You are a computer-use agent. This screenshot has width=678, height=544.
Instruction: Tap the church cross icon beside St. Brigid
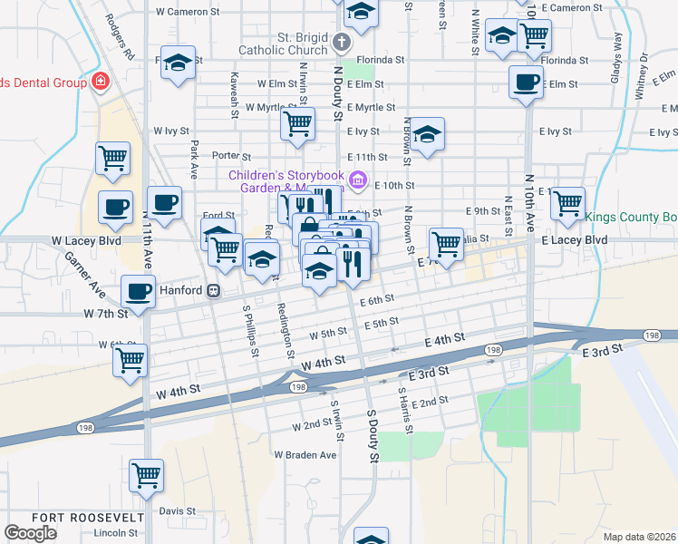[341, 42]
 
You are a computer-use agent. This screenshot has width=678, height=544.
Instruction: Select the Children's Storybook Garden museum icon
[358, 180]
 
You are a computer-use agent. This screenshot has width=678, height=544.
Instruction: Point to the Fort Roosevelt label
[88, 517]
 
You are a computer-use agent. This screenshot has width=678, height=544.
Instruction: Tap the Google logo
[30, 532]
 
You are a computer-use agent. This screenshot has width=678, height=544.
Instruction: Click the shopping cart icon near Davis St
[146, 474]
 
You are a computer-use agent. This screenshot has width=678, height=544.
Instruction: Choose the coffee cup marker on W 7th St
[138, 293]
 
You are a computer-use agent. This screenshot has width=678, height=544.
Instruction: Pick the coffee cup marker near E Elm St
[526, 83]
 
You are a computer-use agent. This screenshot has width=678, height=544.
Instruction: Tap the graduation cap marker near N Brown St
[427, 135]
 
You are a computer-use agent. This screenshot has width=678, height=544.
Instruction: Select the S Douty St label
[372, 435]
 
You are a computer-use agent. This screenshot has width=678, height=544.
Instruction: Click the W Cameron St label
[189, 12]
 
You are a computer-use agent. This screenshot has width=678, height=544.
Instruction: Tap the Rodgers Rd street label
[119, 36]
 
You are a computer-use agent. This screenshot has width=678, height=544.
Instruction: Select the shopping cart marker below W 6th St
[130, 359]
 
